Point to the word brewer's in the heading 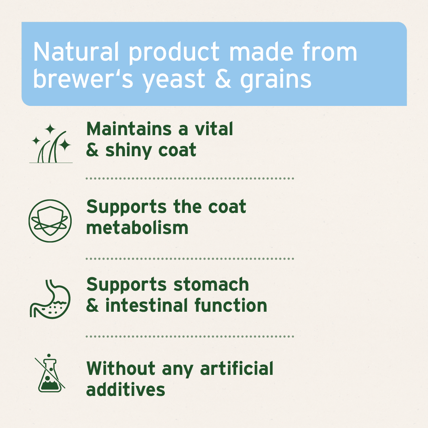pyautogui.click(x=83, y=79)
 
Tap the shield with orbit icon pyautogui.click(x=50, y=221)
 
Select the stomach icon pyautogui.click(x=50, y=299)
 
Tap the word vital pyautogui.click(x=214, y=129)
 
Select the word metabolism pyautogui.click(x=137, y=228)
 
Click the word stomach pyautogui.click(x=211, y=285)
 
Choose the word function pyautogui.click(x=231, y=306)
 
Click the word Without pyautogui.click(x=121, y=368)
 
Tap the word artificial pyautogui.click(x=237, y=368)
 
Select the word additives pyautogui.click(x=126, y=389)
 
